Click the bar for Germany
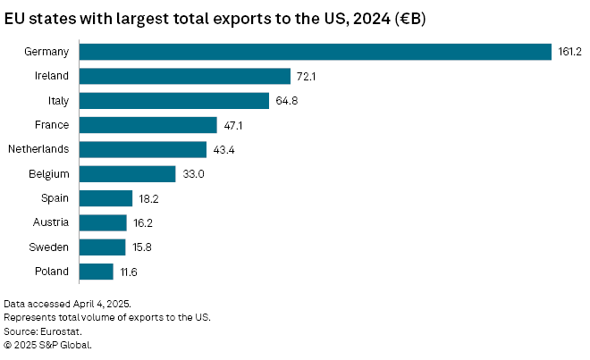pos(315,52)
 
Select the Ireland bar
pos(185,77)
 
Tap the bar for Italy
pos(174,101)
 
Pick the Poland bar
pos(97,271)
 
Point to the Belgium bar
pos(128,174)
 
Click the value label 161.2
pos(570,53)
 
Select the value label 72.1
pos(307,77)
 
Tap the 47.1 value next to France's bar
pos(233,125)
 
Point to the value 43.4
pos(223,149)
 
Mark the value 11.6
pos(128,272)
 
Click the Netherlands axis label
pos(38,149)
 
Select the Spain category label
pos(55,198)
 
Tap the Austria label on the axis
pos(52,222)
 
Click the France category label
pos(52,125)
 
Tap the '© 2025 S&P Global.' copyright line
pos(48,344)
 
